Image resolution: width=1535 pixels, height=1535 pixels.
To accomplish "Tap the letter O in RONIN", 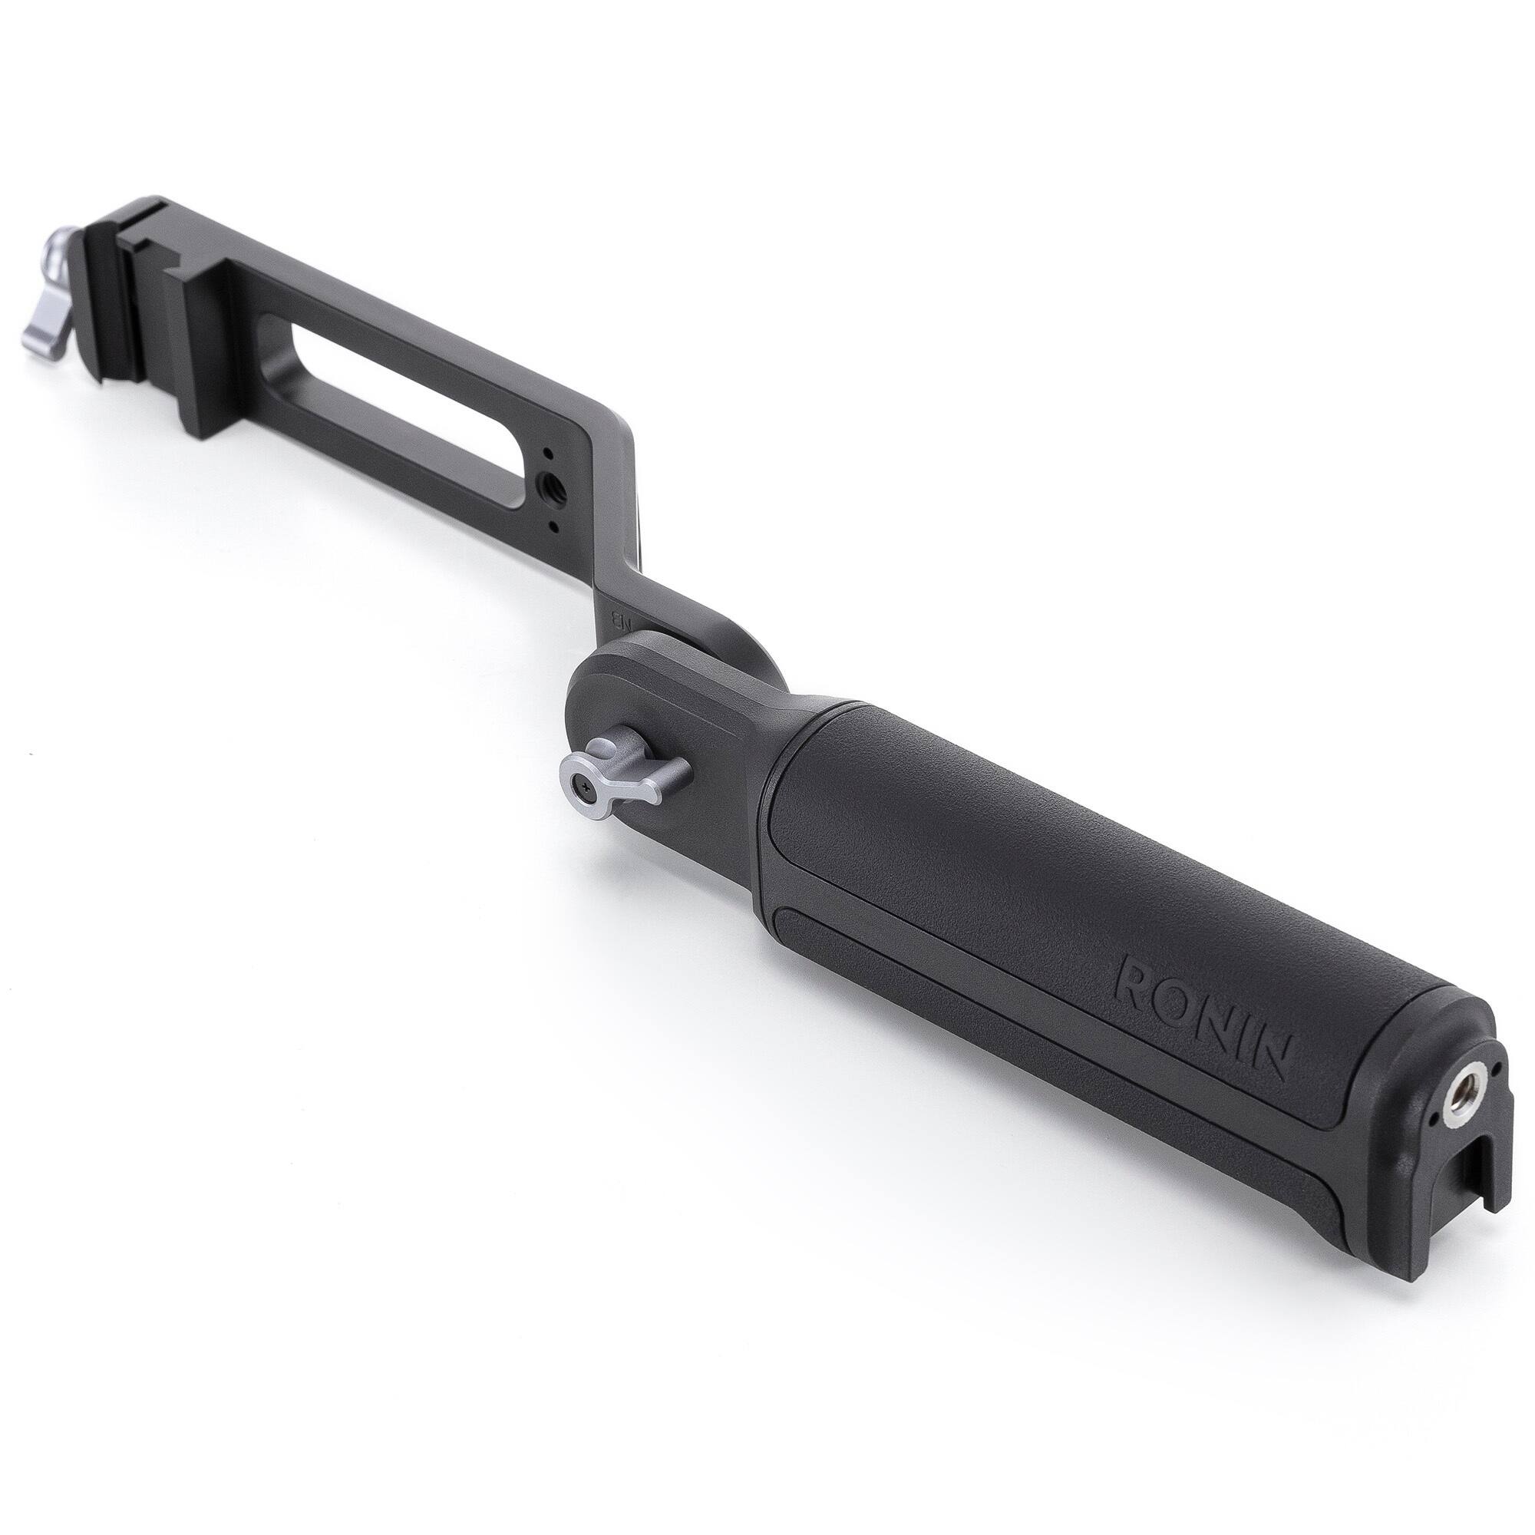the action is (1190, 1002).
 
